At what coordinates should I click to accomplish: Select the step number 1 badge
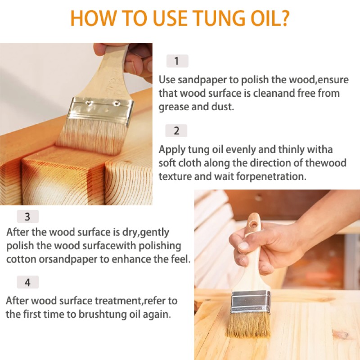[177, 61]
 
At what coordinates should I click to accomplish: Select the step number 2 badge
[176, 131]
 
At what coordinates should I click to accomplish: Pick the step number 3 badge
[27, 216]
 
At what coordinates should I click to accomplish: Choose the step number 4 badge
[27, 283]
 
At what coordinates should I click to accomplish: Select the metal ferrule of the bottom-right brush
[251, 302]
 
